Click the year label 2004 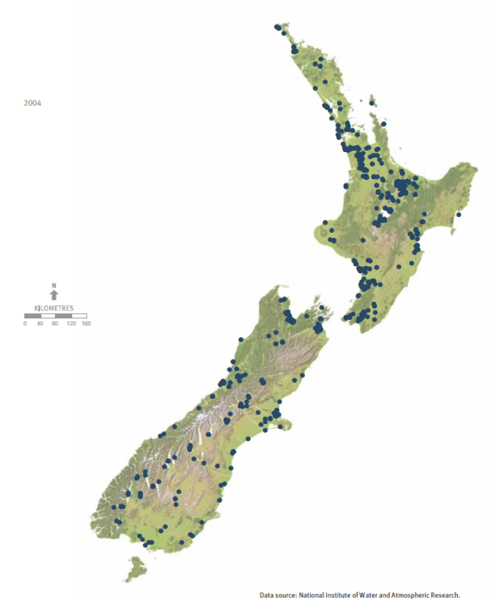(32, 103)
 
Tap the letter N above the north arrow (54, 285)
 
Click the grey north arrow (54, 294)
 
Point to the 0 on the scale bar (25, 323)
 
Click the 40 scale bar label (40, 323)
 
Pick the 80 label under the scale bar (55, 323)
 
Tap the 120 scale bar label (71, 323)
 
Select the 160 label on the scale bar (87, 323)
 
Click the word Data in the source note (266, 595)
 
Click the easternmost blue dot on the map (459, 215)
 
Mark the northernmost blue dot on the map (277, 27)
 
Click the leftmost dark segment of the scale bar (32, 315)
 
